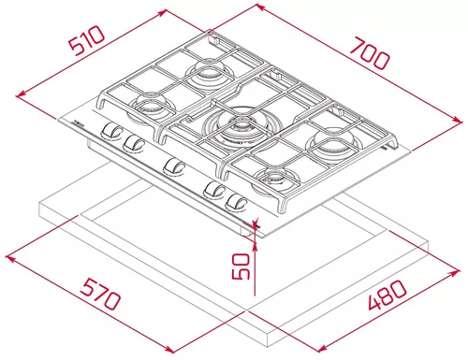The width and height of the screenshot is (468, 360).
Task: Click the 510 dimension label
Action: point(87,40)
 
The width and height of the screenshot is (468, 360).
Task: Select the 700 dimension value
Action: point(371,53)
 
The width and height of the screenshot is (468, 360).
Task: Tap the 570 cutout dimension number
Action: point(100,295)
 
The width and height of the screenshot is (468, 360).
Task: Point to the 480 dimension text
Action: point(388,295)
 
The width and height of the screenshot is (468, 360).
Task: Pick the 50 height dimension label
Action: point(241,266)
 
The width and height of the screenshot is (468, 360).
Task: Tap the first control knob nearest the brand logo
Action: point(110,130)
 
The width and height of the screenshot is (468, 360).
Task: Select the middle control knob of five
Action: point(173,166)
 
